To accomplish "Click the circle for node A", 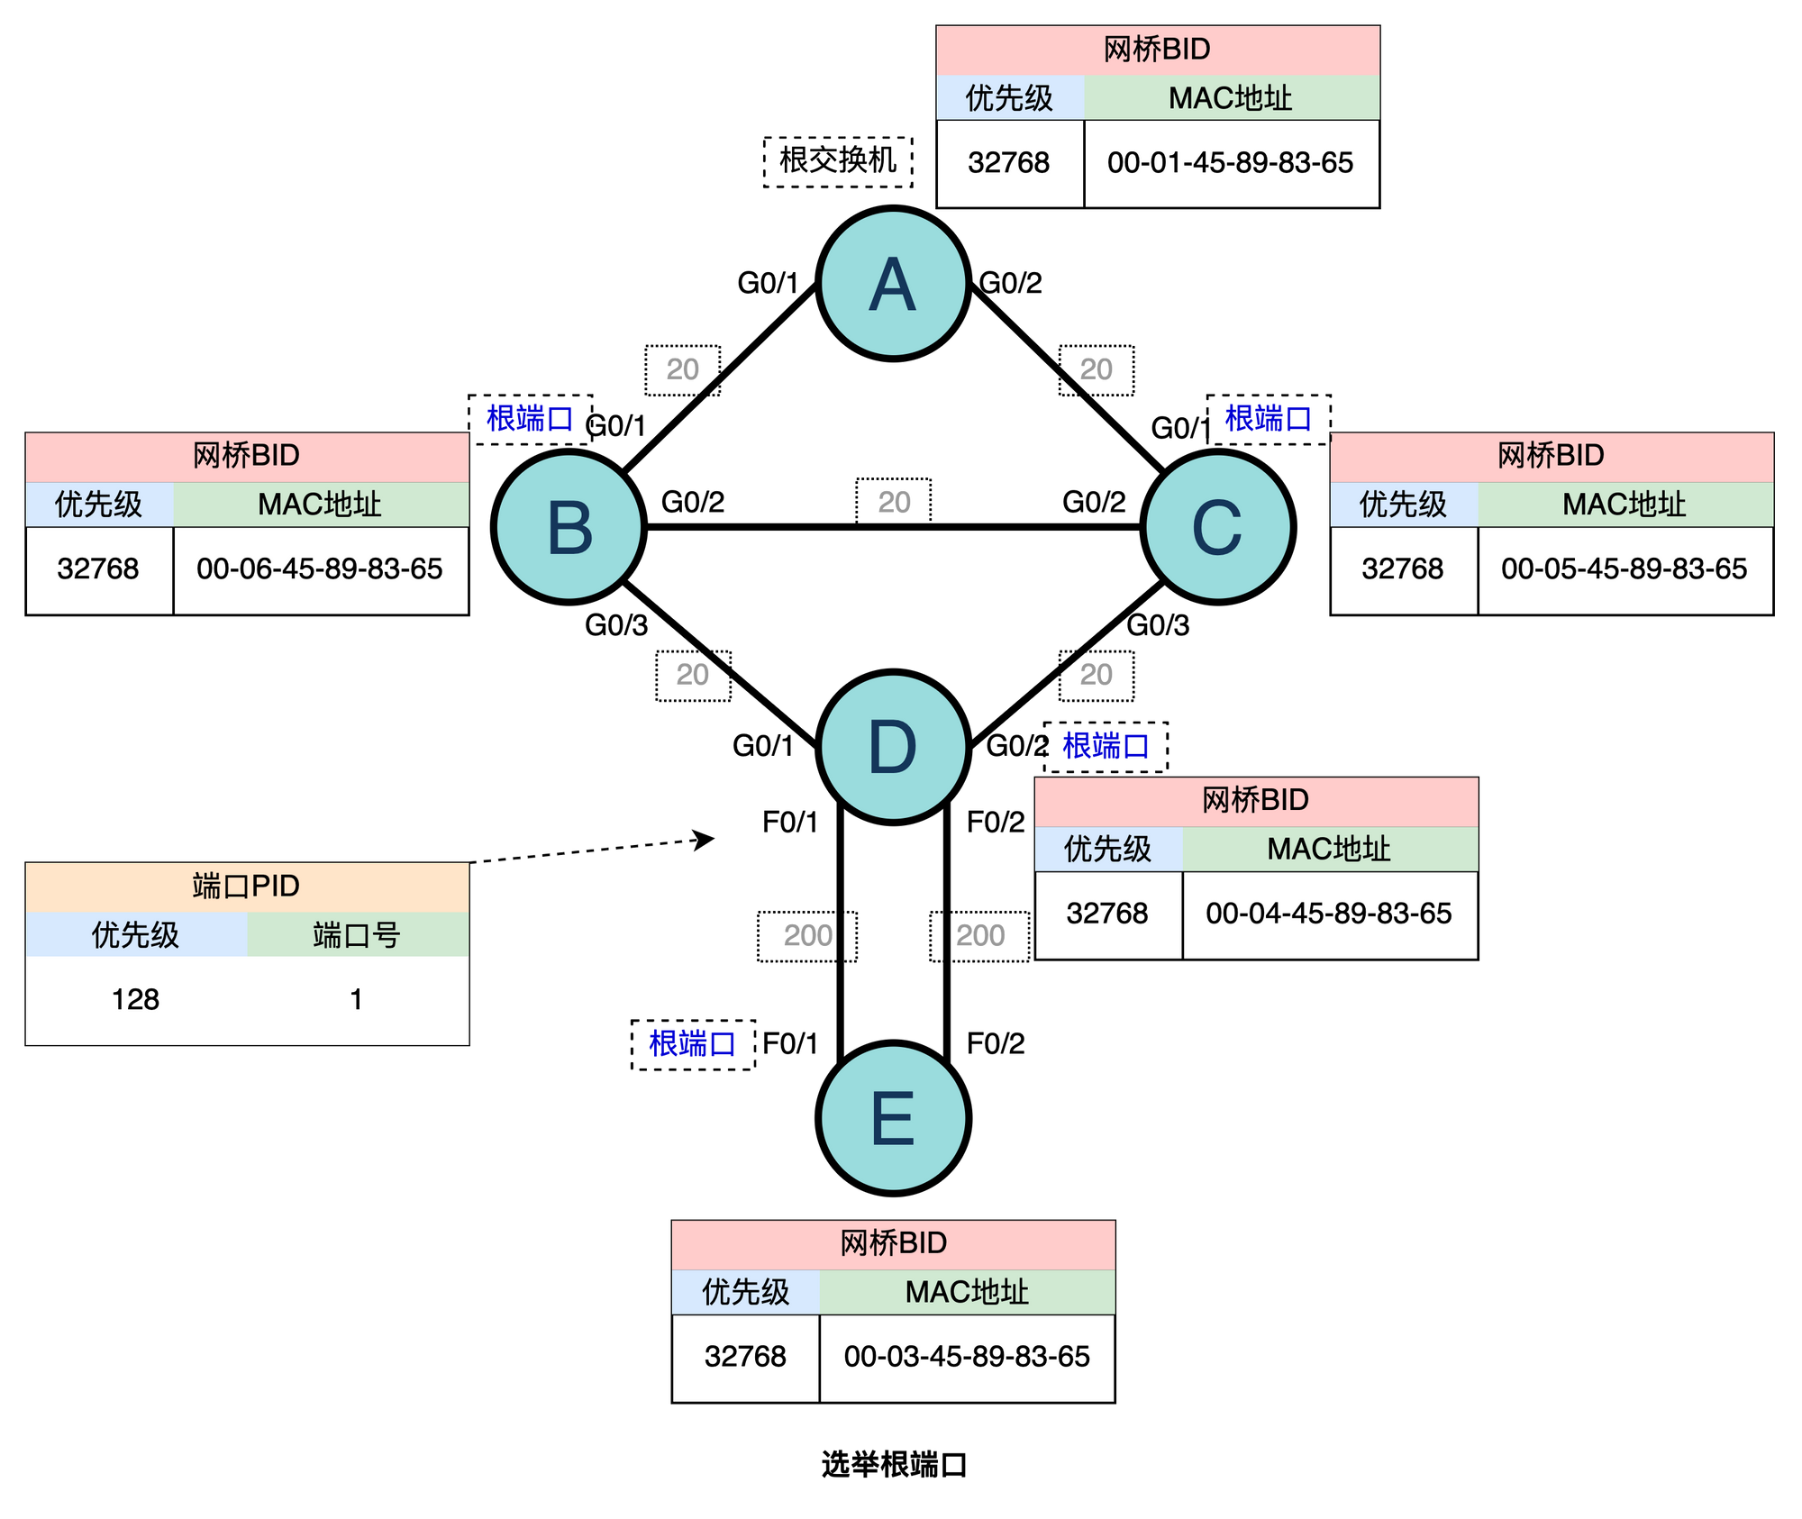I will point(893,284).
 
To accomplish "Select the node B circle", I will point(569,527).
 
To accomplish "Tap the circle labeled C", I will point(1217,527).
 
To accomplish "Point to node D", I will point(893,747).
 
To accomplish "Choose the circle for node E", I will point(893,1118).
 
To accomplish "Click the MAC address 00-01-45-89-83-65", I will point(1230,163).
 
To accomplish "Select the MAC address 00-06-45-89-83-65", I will point(319,569).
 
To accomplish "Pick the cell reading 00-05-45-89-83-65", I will point(1624,569).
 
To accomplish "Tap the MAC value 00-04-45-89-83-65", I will point(1328,914).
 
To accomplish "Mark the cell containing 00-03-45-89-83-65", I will point(966,1357).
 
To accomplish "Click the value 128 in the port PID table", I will point(135,1000).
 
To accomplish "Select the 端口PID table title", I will point(246,887).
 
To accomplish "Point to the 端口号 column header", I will point(357,935).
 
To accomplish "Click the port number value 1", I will point(357,1000).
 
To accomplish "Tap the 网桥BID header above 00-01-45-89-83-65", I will point(1157,50).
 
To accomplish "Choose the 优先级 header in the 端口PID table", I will point(135,935).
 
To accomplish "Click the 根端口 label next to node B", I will point(529,419).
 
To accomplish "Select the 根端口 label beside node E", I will point(692,1044).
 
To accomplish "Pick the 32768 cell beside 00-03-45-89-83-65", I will point(745,1357).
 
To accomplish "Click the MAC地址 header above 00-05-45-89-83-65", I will point(1624,505).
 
